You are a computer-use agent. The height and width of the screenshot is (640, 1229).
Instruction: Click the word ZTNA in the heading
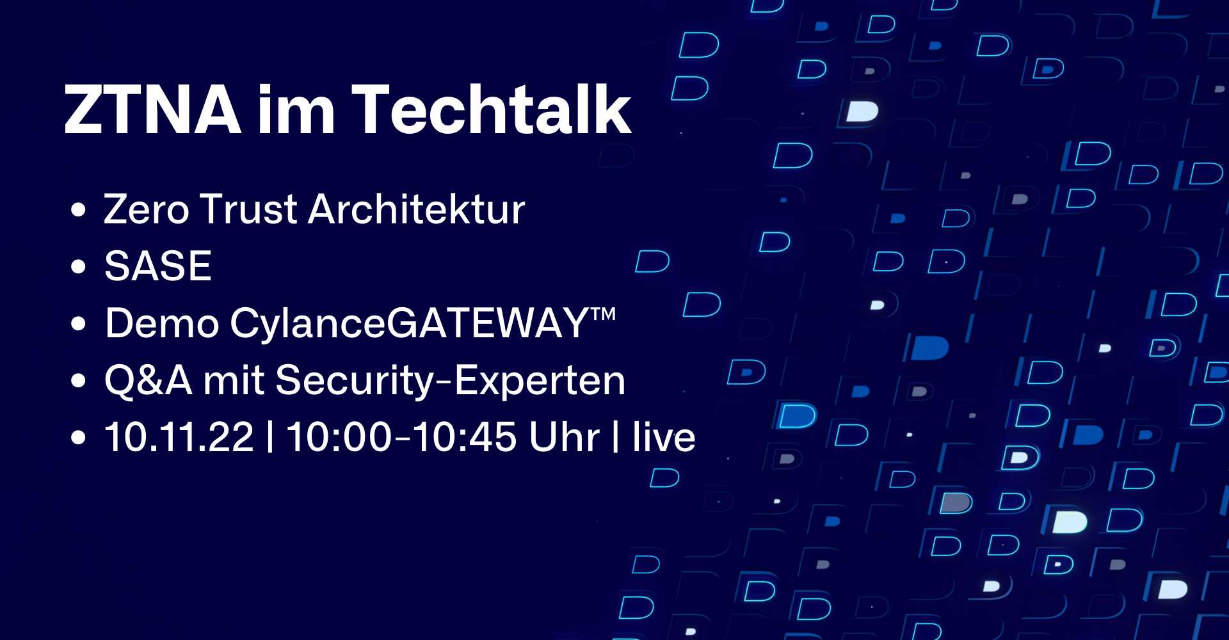[153, 110]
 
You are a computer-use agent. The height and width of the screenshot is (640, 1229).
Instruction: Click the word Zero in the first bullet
[147, 209]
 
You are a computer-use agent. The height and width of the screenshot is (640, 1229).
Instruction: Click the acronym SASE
[158, 266]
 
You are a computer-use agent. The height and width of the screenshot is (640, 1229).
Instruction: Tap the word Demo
[163, 323]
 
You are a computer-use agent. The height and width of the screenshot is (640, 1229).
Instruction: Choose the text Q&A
[149, 381]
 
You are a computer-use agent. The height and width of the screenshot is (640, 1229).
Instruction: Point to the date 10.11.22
[179, 438]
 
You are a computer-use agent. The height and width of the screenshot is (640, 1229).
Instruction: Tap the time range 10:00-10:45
[401, 438]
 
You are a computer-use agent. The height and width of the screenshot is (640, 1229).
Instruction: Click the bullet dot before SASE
[78, 266]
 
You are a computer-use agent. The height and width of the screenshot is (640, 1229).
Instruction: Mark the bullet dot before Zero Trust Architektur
[78, 209]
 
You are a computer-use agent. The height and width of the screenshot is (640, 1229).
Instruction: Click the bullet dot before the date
[78, 438]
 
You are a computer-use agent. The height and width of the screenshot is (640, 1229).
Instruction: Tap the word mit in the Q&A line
[234, 380]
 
